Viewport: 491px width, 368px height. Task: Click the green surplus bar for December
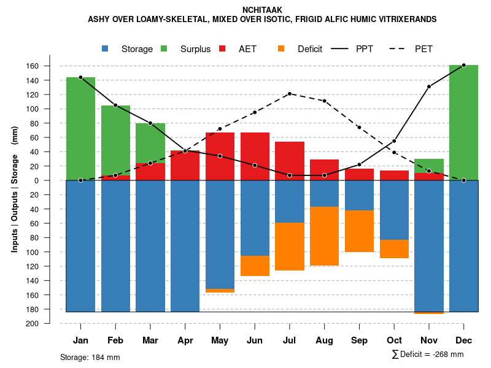[x=463, y=123]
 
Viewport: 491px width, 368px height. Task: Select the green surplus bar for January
[x=80, y=129]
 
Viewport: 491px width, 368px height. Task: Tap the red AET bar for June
[x=255, y=156]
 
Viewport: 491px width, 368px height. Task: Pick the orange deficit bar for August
[x=324, y=236]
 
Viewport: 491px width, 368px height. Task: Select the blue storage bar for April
[x=185, y=245]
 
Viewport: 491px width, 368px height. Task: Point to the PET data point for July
[x=290, y=94]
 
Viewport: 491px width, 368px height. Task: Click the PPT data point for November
[x=429, y=86]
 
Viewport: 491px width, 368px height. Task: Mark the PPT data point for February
[x=115, y=105]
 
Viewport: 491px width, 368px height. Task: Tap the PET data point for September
[x=359, y=127]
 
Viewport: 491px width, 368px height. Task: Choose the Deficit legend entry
[x=310, y=49]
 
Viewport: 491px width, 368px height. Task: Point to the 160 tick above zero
[x=50, y=66]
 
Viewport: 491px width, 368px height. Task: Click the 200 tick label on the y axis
[x=50, y=323]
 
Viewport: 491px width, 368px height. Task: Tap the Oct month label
[x=394, y=340]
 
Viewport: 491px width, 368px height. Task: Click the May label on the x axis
[x=220, y=340]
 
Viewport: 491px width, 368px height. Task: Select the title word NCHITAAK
[x=262, y=10]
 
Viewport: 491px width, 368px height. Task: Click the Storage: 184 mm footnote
[x=90, y=357]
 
